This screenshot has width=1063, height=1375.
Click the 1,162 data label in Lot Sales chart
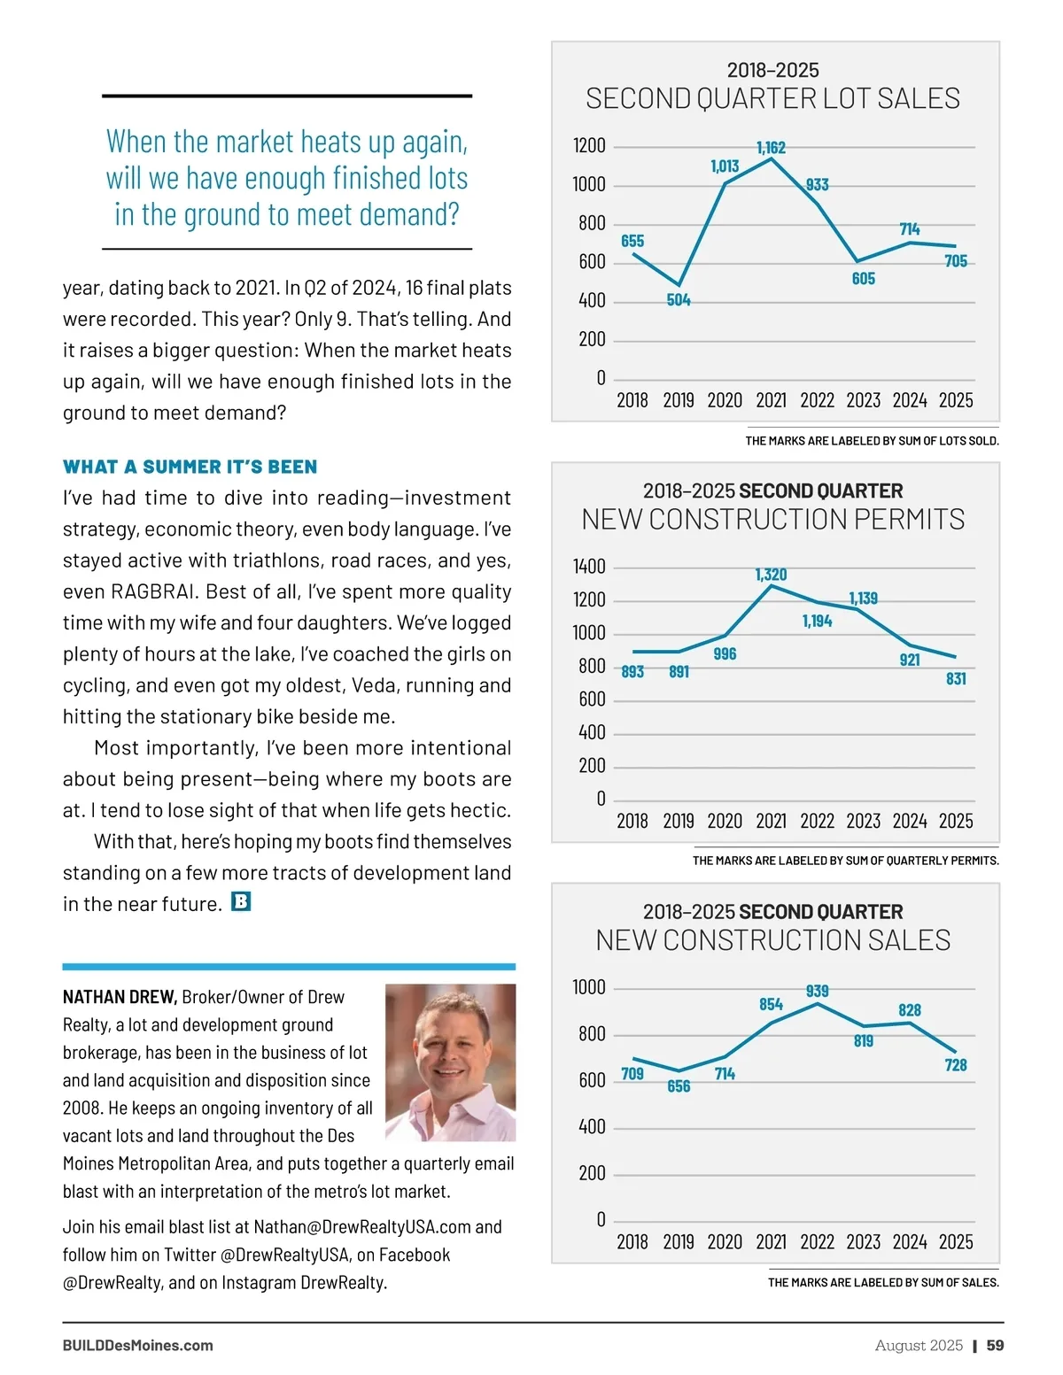pos(771,147)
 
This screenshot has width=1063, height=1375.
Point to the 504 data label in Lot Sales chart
pos(679,300)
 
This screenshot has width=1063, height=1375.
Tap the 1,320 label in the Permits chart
pos(771,575)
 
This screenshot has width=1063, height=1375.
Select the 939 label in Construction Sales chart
pos(817,991)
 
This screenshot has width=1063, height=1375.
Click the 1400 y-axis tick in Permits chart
pos(589,567)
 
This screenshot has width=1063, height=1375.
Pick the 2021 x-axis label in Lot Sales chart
pos(771,400)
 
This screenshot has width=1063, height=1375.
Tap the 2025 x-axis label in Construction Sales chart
pos(956,1241)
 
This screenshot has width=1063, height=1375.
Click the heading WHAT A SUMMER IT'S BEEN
pos(190,467)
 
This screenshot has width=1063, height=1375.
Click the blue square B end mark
pos(241,902)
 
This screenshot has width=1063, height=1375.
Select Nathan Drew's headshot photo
pos(450,1062)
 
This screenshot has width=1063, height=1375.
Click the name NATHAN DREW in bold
pos(120,997)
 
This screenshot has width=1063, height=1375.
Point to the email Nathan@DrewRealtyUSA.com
pos(362,1226)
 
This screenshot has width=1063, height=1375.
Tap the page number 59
pos(996,1345)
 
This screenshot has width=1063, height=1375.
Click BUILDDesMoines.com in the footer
pos(137,1345)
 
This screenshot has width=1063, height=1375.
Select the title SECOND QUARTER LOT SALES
pos(772,98)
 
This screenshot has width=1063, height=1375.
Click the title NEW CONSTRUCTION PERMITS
pos(772,519)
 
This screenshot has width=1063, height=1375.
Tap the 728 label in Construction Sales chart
pos(956,1065)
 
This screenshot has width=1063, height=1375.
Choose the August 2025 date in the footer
pos(919,1345)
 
